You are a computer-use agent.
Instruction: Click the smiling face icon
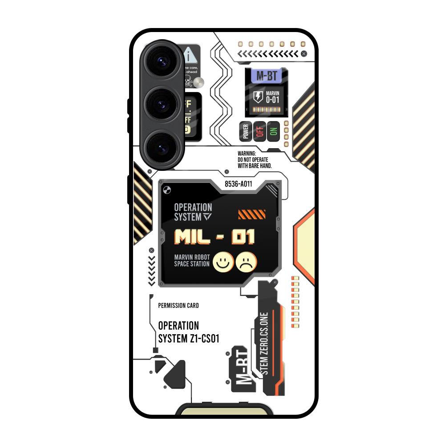(x=222, y=262)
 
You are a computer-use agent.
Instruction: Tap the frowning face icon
(x=247, y=262)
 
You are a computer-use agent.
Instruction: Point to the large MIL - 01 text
(x=215, y=237)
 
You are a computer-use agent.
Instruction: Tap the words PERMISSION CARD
(x=178, y=306)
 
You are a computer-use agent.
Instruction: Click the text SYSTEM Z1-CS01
(x=189, y=339)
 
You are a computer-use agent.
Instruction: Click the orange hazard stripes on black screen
(x=251, y=215)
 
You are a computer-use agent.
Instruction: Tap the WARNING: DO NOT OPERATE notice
(x=255, y=159)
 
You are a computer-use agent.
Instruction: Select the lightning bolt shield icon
(x=258, y=97)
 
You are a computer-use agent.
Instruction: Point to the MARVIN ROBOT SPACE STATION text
(x=192, y=260)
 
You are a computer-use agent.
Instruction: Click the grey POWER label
(x=246, y=131)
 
